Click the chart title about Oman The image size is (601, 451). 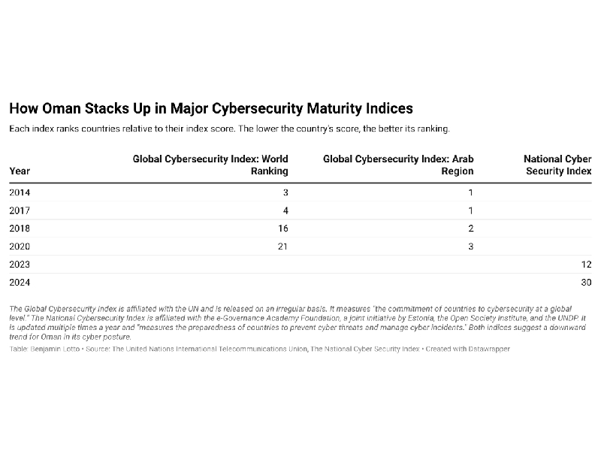[210, 109]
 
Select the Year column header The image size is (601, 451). [20, 171]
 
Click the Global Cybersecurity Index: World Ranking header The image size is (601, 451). [210, 165]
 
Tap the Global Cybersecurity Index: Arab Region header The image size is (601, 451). [398, 165]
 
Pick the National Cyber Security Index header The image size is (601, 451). [557, 165]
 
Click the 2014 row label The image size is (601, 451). [20, 192]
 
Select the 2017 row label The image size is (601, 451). [20, 210]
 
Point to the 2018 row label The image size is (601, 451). [20, 229]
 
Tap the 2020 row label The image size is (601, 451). [20, 247]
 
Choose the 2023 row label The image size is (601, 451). [20, 265]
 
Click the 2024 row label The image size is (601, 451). [20, 283]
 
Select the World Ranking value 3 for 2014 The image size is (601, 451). [285, 192]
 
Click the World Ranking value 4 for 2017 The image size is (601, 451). [285, 210]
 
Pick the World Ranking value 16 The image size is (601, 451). [283, 229]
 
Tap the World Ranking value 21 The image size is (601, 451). [283, 247]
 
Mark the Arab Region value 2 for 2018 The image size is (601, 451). [471, 229]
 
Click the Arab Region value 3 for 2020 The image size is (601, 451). [471, 247]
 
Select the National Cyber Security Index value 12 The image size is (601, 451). [586, 265]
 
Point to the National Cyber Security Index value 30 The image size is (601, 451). [586, 283]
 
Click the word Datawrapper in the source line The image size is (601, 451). [488, 350]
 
